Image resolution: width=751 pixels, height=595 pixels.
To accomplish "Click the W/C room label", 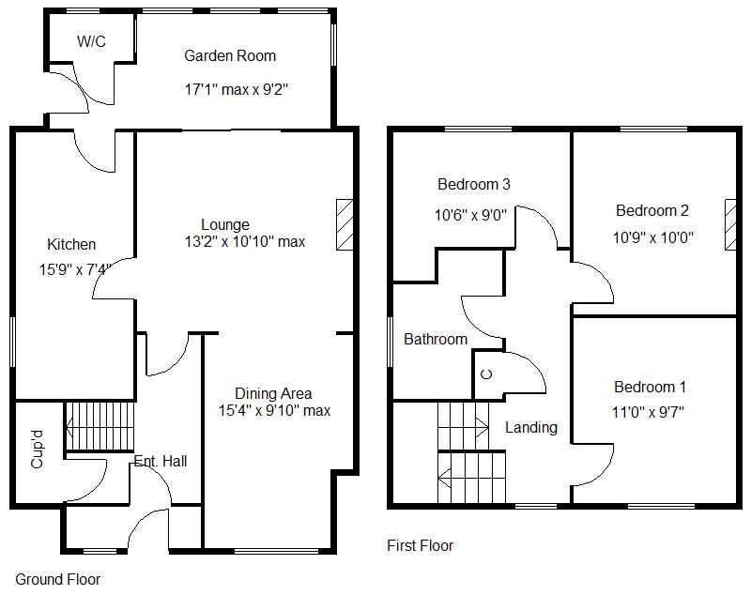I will pyautogui.click(x=91, y=41).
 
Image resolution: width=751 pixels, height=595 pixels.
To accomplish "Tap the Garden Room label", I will pyautogui.click(x=230, y=56).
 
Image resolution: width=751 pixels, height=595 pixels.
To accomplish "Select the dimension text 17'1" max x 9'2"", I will pyautogui.click(x=235, y=90).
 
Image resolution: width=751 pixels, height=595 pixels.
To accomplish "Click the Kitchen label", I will pyautogui.click(x=71, y=245).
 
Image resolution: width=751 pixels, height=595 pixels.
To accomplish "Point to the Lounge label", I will pyautogui.click(x=225, y=224).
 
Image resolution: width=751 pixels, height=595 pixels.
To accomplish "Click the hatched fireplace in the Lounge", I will pyautogui.click(x=345, y=224).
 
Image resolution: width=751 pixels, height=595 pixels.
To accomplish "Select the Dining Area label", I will pyautogui.click(x=273, y=393).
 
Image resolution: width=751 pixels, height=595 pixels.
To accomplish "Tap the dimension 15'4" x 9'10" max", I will pyautogui.click(x=274, y=410).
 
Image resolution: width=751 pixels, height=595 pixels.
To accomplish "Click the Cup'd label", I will pyautogui.click(x=38, y=450).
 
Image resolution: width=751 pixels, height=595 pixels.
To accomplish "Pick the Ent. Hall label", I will pyautogui.click(x=161, y=461).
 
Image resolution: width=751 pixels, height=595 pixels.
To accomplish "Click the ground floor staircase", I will pyautogui.click(x=100, y=426).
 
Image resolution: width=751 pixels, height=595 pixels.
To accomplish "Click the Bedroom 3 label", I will pyautogui.click(x=474, y=184).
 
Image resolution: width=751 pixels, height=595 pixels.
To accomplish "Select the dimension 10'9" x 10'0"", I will pyautogui.click(x=653, y=237).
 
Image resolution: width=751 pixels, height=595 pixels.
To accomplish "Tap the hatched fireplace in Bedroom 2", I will pyautogui.click(x=730, y=224).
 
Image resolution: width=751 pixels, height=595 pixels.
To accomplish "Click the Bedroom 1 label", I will pyautogui.click(x=651, y=387).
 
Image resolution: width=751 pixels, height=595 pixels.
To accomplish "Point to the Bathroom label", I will pyautogui.click(x=436, y=339).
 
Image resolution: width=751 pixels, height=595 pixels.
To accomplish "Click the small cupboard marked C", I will pyautogui.click(x=485, y=374).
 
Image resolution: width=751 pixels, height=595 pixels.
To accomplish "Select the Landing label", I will pyautogui.click(x=531, y=427).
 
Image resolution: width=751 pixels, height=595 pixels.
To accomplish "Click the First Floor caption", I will pyautogui.click(x=421, y=545).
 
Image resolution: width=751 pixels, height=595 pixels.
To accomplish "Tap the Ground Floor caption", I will pyautogui.click(x=58, y=579).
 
